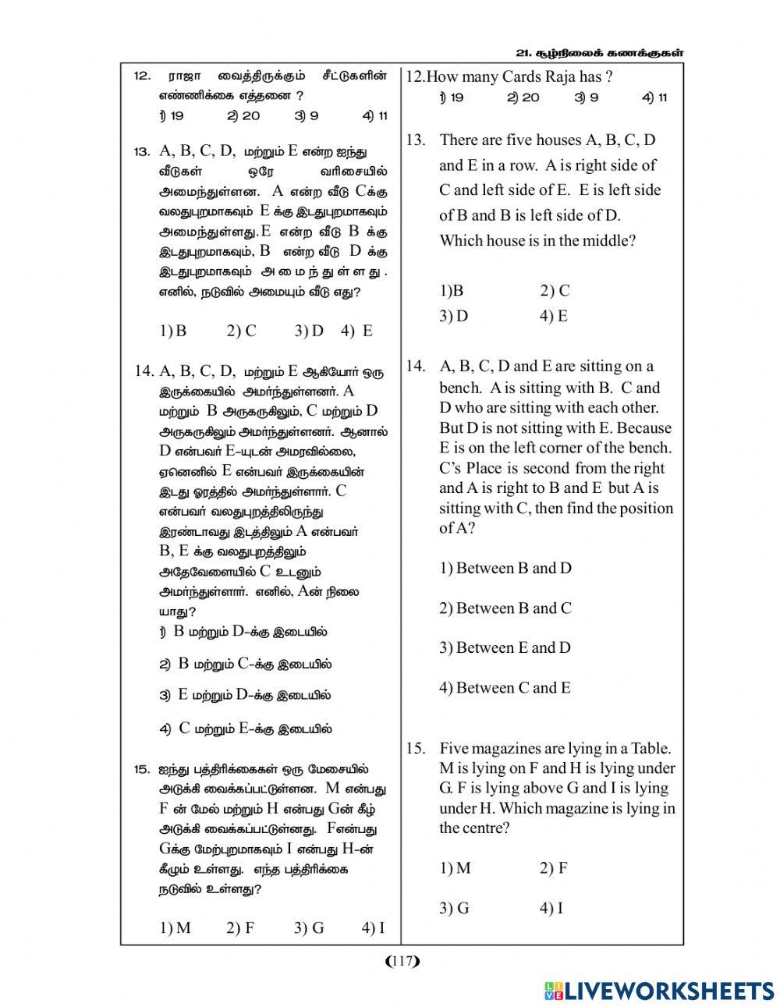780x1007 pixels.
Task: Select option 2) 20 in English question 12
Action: coord(523,98)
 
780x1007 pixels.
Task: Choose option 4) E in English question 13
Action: coord(553,316)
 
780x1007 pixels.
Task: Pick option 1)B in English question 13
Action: coord(452,291)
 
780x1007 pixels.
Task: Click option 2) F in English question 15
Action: coord(553,868)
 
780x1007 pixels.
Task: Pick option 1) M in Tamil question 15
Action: coord(175,927)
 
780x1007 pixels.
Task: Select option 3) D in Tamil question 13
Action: coord(309,331)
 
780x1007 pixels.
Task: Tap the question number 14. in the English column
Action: coord(416,367)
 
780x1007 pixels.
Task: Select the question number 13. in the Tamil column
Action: coord(141,151)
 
